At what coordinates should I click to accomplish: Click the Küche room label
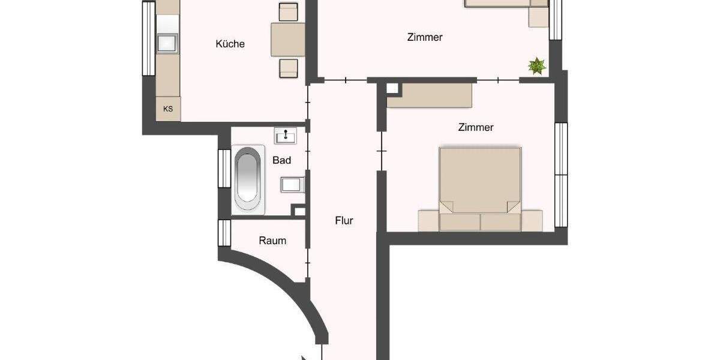click(230, 44)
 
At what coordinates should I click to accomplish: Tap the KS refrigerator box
click(168, 109)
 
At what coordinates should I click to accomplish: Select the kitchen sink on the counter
click(167, 43)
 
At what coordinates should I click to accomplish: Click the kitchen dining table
click(288, 39)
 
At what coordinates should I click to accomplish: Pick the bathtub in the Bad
click(248, 178)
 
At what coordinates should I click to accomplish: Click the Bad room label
click(281, 160)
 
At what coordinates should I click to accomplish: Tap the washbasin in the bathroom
click(286, 137)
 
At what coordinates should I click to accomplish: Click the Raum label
click(272, 241)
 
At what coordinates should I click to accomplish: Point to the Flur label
click(344, 221)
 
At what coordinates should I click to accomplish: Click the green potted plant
click(536, 67)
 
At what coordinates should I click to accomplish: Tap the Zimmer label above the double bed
click(475, 127)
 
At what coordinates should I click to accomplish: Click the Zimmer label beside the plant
click(424, 37)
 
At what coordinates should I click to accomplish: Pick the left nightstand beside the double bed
click(428, 221)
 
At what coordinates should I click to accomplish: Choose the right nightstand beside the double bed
click(532, 220)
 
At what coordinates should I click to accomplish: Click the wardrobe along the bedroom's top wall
click(430, 95)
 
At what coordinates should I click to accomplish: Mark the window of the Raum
click(224, 233)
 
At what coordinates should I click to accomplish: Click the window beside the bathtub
click(224, 168)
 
